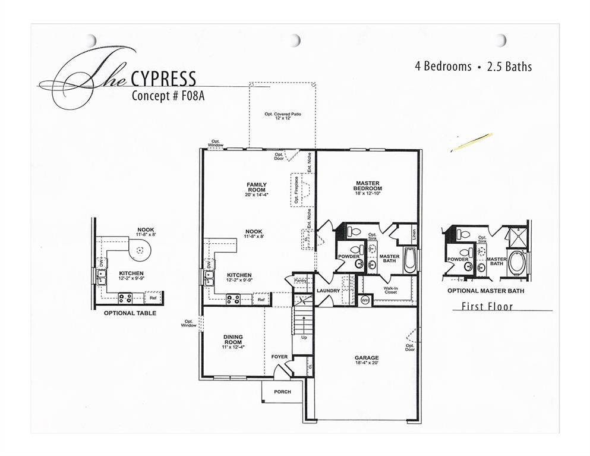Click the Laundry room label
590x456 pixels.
pyautogui.click(x=327, y=291)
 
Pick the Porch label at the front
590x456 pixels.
pyautogui.click(x=282, y=392)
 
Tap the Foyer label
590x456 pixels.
pyautogui.click(x=279, y=357)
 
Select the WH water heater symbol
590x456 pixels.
pyautogui.click(x=365, y=301)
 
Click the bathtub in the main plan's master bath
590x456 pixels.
pyautogui.click(x=409, y=261)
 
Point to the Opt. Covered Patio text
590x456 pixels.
pyautogui.click(x=282, y=115)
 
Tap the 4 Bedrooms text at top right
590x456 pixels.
pyautogui.click(x=443, y=67)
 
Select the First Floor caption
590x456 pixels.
pyautogui.click(x=487, y=307)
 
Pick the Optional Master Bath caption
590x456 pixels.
pyautogui.click(x=479, y=291)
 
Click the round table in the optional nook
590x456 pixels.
pyautogui.click(x=140, y=251)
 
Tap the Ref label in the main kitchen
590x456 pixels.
pyautogui.click(x=261, y=300)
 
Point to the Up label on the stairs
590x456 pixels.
pyautogui.click(x=304, y=337)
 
